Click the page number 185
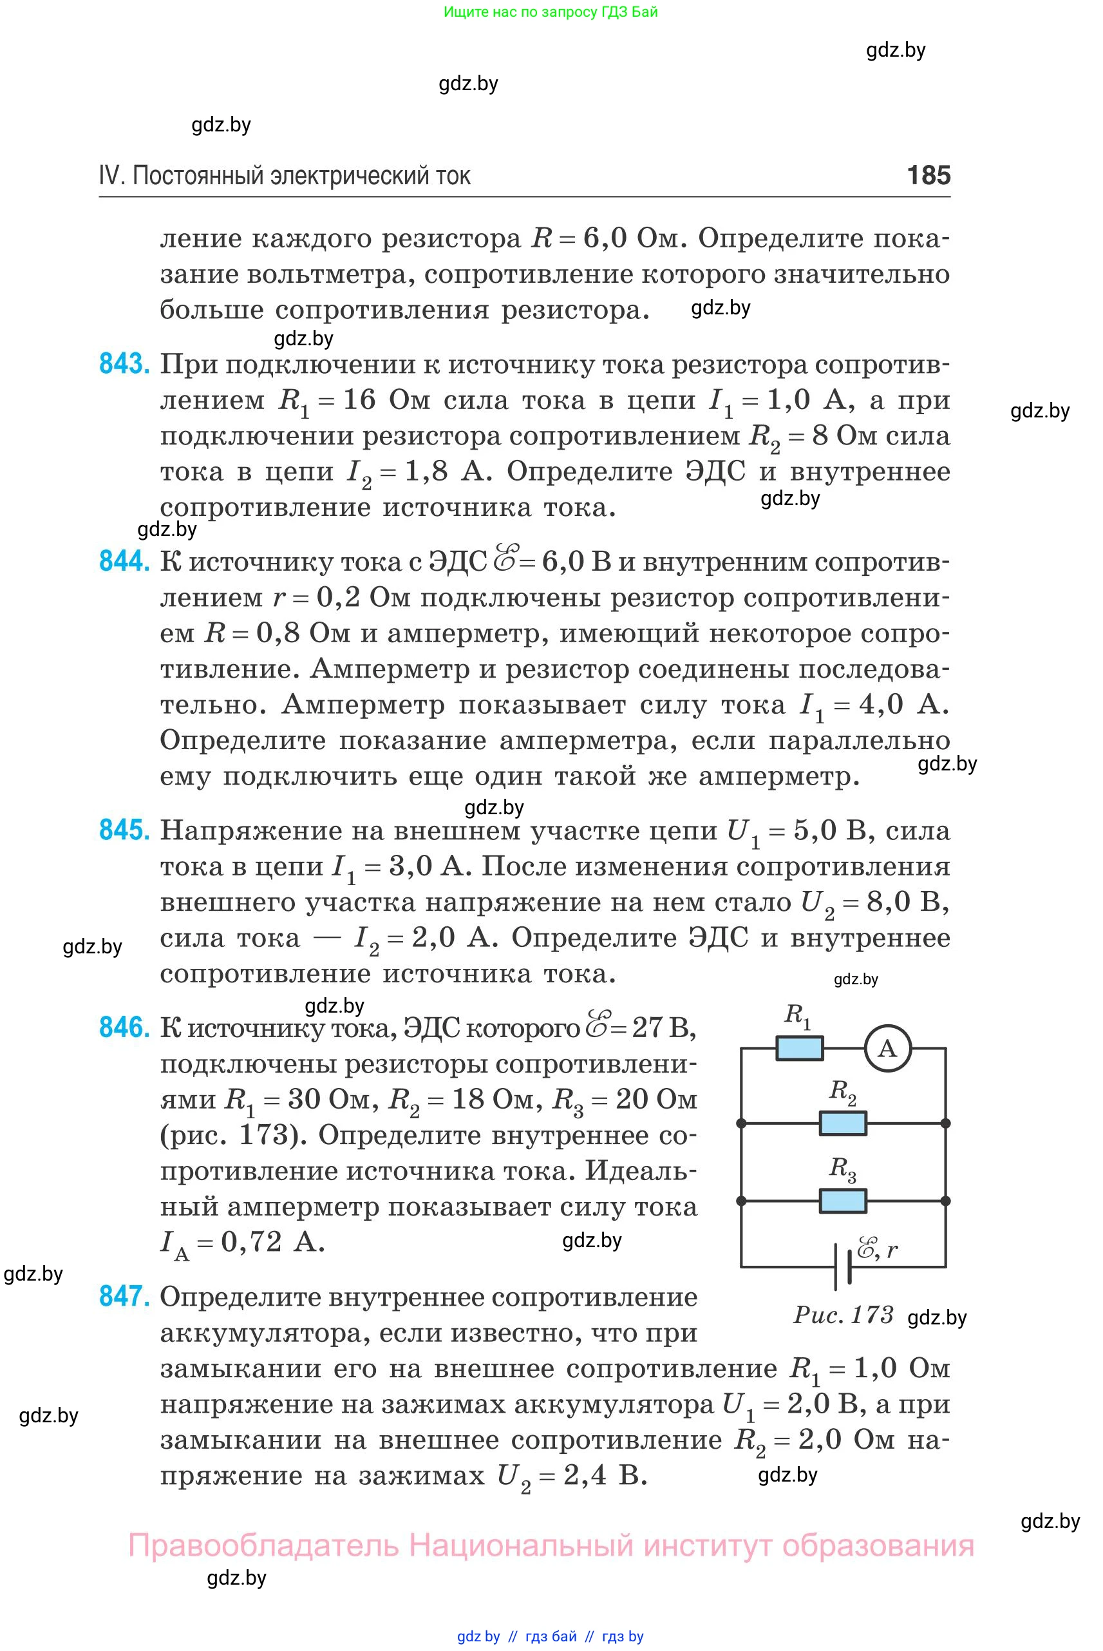coord(929,175)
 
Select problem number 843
coord(124,365)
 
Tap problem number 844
coord(124,562)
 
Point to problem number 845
coord(124,831)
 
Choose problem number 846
coord(124,1028)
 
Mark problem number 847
coord(124,1296)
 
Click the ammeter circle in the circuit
coord(888,1049)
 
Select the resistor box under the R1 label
coord(799,1049)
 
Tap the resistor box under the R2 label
coord(843,1123)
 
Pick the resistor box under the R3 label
coord(843,1201)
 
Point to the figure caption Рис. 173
coord(843,1315)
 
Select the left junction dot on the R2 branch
coord(740,1123)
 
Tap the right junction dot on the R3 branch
coord(945,1201)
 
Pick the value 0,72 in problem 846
coord(251,1243)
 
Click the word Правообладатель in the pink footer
coord(263,1546)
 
